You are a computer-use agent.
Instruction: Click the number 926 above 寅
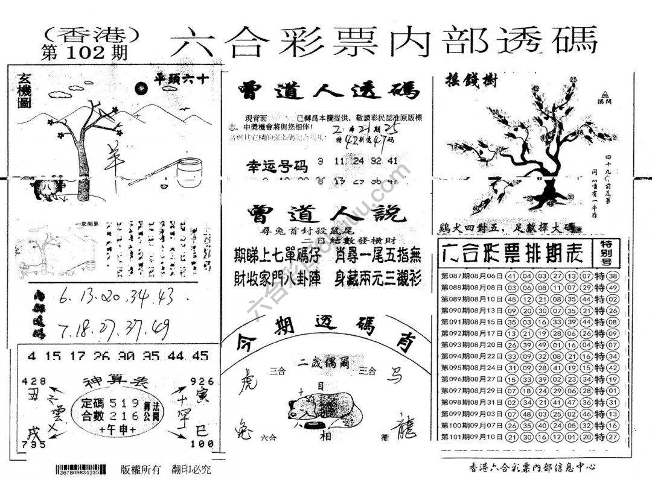point(200,381)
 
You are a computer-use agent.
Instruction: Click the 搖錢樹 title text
point(471,81)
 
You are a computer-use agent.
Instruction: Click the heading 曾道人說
point(326,215)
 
